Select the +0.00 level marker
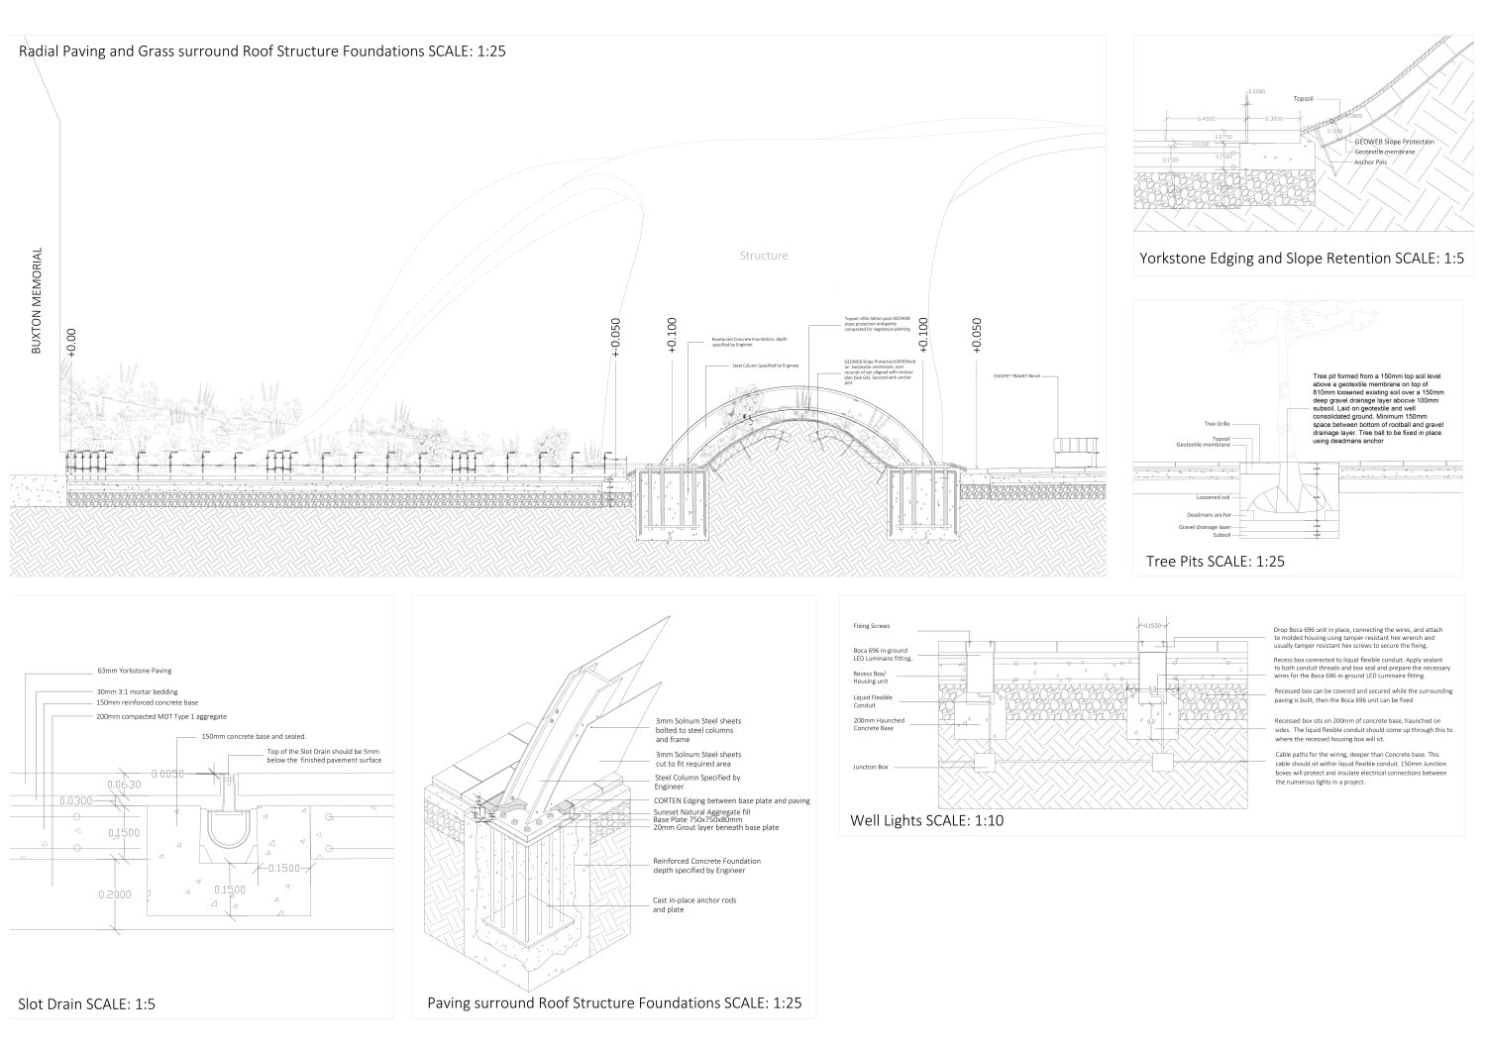coord(71,341)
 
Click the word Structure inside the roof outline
coord(764,256)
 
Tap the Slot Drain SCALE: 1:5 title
coord(87,1004)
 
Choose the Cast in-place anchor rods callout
coord(694,904)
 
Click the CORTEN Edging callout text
coord(731,800)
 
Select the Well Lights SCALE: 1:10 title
coord(926,820)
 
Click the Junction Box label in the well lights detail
coord(869,767)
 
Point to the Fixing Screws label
coord(872,626)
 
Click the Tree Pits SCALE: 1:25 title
coord(1215,561)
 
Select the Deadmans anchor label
coord(1209,515)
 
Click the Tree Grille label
coord(1217,424)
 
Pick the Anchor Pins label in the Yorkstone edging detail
coord(1369,161)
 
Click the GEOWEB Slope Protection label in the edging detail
coord(1394,142)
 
